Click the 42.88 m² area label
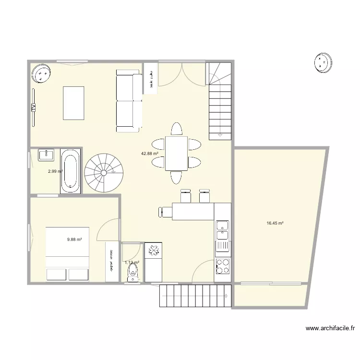tap(149, 154)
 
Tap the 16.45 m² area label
tap(275, 223)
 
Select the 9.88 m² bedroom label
tap(74, 239)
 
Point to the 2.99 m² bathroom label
tap(55, 171)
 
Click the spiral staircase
tap(103, 173)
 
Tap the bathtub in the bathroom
tap(70, 171)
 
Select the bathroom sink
tap(47, 155)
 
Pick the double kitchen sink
tap(223, 230)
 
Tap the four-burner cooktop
tap(223, 266)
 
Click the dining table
tap(176, 154)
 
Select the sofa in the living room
tap(129, 101)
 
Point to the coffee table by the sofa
tap(73, 103)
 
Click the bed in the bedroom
tap(67, 253)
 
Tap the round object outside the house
tap(323, 62)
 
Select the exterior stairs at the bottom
tap(195, 296)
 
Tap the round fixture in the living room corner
tap(42, 73)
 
